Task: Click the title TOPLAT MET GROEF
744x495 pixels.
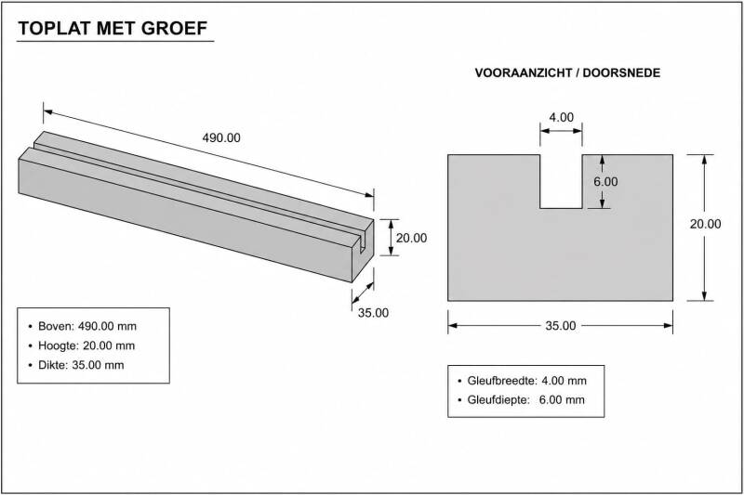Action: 113,29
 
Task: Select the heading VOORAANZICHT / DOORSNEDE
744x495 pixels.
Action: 567,73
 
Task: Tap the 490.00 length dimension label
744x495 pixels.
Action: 221,137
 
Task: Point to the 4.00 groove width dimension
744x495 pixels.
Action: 562,117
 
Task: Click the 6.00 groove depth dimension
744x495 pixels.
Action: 605,182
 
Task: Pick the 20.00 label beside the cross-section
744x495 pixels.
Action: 705,224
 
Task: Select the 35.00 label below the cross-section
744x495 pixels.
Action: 561,326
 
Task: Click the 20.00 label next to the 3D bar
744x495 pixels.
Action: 411,239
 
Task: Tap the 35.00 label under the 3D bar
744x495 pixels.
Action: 373,313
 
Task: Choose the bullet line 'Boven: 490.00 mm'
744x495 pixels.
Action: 83,326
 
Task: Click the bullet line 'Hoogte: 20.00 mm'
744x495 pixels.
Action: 82,345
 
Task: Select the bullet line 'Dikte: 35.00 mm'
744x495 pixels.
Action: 76,365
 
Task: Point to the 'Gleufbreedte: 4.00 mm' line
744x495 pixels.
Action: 522,381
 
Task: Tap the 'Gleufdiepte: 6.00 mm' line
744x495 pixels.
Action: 521,399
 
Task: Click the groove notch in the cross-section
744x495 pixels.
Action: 562,181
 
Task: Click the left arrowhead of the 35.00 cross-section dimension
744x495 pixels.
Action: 452,325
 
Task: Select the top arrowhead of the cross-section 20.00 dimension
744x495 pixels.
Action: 704,159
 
